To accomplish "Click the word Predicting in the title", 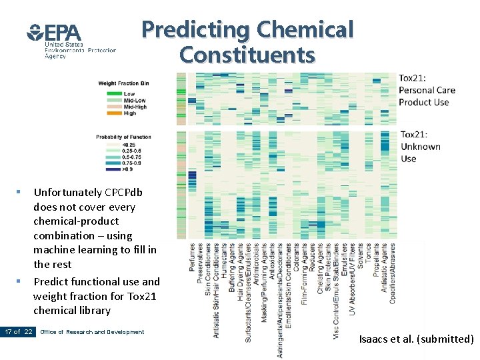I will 195,29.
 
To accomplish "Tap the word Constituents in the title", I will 247,54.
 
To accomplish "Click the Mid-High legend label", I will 135,107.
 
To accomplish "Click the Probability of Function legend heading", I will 123,137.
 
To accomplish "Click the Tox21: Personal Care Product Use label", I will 427,90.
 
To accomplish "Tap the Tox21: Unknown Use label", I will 420,147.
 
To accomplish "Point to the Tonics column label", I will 368,254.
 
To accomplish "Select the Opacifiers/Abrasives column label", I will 393,273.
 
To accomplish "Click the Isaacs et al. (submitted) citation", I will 416,339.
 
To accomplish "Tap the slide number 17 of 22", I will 18,332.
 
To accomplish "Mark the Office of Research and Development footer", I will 92,332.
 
